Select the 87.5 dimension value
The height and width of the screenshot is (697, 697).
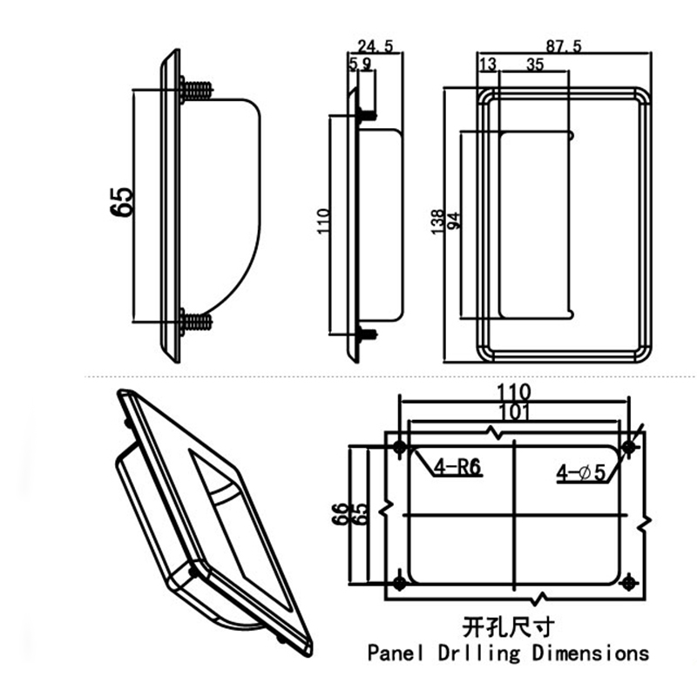click(x=565, y=44)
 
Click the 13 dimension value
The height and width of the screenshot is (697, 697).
click(x=487, y=64)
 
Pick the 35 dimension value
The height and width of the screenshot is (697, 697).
click(x=535, y=64)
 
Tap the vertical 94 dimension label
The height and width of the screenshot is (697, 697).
click(x=452, y=221)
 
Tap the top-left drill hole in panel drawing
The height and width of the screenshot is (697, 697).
click(x=400, y=448)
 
